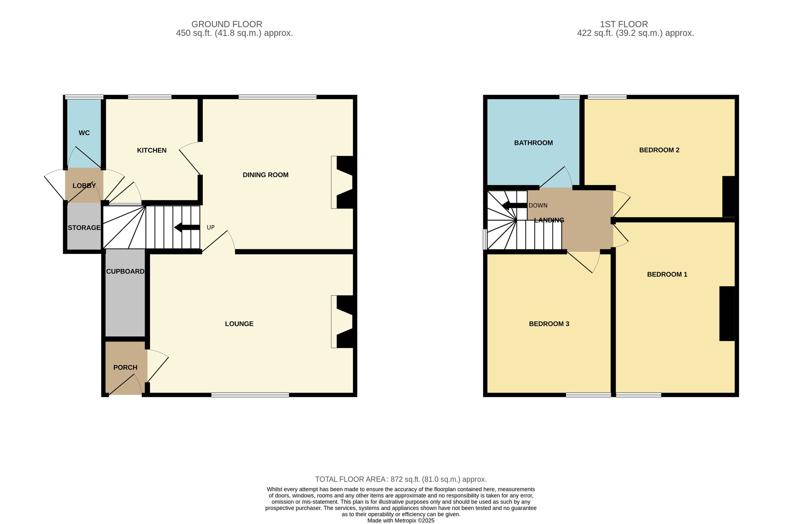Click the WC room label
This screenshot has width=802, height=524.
tap(84, 133)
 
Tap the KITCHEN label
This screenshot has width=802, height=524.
tap(152, 150)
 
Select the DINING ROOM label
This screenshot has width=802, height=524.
tap(266, 175)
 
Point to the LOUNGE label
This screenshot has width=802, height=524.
tap(239, 324)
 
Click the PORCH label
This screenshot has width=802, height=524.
tap(125, 367)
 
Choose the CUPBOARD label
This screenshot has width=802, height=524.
tap(125, 271)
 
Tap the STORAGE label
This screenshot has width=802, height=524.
tap(84, 228)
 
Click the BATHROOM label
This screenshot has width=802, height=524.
tap(533, 143)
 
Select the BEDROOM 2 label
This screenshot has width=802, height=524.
tap(659, 150)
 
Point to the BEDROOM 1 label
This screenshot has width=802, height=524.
tap(667, 274)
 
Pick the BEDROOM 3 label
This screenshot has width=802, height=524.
tap(549, 324)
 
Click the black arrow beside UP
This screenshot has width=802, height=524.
tap(187, 227)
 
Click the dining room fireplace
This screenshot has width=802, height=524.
tap(343, 182)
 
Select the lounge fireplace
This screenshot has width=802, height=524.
tap(343, 321)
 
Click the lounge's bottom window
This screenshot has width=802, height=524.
tap(250, 395)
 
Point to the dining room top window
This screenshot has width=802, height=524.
tap(278, 97)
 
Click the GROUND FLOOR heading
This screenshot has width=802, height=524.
tap(227, 24)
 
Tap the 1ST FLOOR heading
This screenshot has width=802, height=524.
tap(624, 24)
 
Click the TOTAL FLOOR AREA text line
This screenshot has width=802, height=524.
tap(401, 479)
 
